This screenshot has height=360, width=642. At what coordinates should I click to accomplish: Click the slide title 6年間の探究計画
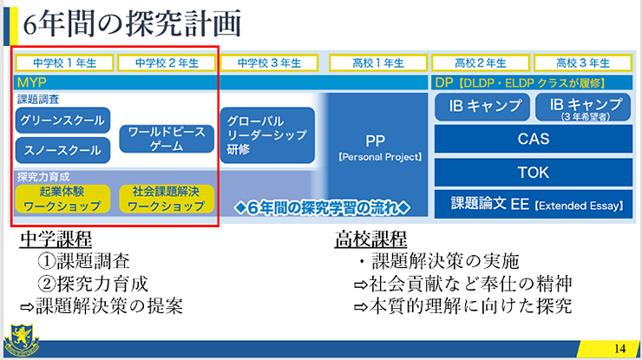(x=132, y=23)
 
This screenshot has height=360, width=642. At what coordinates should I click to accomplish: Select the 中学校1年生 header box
(x=64, y=63)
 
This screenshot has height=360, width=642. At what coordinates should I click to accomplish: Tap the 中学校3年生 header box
(x=269, y=63)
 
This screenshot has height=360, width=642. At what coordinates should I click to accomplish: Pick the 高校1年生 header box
(x=378, y=63)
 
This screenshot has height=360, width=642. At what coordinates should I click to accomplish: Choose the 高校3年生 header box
(x=583, y=63)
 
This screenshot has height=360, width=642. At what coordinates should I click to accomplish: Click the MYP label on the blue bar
(x=31, y=82)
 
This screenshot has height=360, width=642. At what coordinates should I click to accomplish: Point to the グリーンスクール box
(x=62, y=121)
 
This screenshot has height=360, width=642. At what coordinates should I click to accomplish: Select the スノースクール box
(x=62, y=150)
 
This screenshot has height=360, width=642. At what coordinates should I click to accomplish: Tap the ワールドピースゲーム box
(x=167, y=139)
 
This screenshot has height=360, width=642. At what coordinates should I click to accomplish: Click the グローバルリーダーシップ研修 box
(x=267, y=135)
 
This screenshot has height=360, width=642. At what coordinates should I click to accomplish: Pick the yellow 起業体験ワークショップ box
(x=62, y=199)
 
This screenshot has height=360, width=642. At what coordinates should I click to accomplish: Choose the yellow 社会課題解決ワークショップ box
(x=167, y=199)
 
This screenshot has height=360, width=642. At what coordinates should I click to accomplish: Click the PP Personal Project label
(x=379, y=147)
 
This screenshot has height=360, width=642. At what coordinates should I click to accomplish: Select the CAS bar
(x=533, y=140)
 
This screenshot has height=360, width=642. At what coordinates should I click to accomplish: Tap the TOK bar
(x=533, y=173)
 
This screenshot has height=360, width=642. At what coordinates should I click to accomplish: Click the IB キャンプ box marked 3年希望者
(x=583, y=108)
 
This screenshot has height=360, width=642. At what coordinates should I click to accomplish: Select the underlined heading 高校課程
(x=371, y=239)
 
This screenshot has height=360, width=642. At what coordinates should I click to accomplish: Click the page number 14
(x=620, y=349)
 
